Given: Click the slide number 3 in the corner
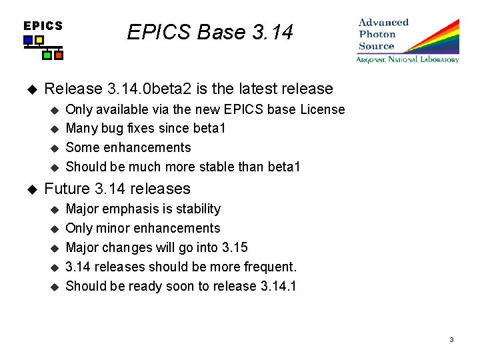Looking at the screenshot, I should click(451, 340).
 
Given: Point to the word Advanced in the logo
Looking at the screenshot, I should click(383, 23).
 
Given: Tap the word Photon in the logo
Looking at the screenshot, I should click(377, 35).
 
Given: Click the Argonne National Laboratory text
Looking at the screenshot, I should click(407, 60).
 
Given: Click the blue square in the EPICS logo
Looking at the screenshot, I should click(27, 40).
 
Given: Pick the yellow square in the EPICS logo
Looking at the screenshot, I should click(39, 40).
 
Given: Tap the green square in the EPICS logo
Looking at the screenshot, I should click(47, 55).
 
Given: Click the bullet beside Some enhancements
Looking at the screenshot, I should click(55, 148).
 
